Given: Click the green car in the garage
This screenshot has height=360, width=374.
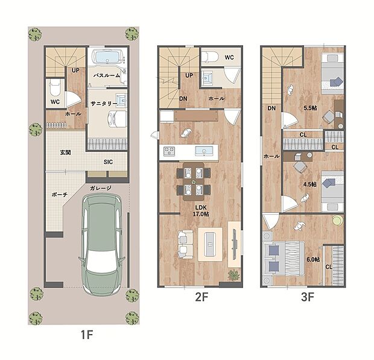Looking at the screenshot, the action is point(101,244).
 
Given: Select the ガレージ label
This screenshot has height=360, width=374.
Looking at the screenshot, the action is point(101,188).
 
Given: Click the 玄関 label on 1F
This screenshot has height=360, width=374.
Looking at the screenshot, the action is point(65,153).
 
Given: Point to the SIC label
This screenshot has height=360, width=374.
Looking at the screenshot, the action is point(108,162).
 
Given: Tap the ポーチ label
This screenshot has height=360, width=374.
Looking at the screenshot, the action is point(60,195).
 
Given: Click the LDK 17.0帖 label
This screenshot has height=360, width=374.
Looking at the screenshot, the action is point(201,211).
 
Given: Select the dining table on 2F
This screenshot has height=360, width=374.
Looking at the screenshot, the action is point(194,182).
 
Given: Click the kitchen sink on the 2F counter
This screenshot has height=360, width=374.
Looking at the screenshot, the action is point(204,151).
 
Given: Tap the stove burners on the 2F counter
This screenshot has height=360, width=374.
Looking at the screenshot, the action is point(169,151).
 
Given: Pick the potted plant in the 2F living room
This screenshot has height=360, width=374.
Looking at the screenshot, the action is point(234,274).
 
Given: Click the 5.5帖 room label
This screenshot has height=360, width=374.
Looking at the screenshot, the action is point(310,108).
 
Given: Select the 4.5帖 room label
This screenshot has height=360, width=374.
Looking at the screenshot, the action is point(310,185).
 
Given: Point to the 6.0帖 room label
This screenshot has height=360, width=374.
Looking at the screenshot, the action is point(313,259).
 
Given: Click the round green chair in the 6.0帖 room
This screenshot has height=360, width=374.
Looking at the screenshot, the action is point(338,220).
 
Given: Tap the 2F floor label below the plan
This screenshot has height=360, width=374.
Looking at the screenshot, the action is point(202,297).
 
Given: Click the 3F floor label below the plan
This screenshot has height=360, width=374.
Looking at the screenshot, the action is point(308,297).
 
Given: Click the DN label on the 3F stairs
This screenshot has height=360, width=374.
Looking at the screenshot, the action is point(271,109).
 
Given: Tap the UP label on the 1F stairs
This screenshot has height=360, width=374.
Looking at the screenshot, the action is point(75,71).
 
